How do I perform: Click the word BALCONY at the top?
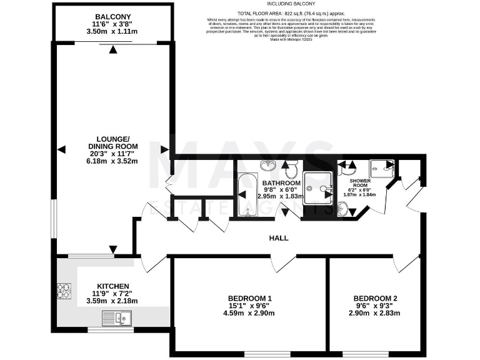click(112, 16)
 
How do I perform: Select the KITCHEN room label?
click(113, 284)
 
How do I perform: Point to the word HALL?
click(279, 238)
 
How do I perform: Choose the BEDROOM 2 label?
click(375, 297)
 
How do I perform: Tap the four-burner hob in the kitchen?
click(64, 291)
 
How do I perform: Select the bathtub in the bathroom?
click(245, 194)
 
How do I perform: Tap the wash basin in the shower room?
click(342, 209)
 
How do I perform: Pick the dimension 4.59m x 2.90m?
click(249, 313)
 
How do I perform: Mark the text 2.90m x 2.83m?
click(375, 313)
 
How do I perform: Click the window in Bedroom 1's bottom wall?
click(258, 354)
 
